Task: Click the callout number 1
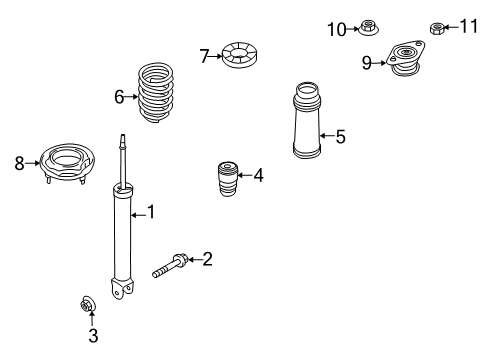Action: (151, 211)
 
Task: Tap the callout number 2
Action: (207, 260)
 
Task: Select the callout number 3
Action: (92, 337)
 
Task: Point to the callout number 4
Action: (258, 176)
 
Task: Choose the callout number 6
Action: (119, 96)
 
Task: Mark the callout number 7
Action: (204, 56)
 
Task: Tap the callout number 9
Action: (367, 63)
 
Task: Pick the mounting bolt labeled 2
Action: (170, 267)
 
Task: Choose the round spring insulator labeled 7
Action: (241, 55)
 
